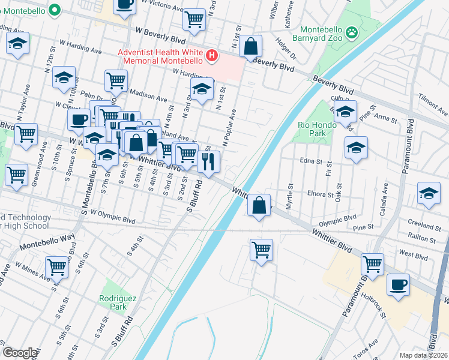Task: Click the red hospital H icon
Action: coord(211,56)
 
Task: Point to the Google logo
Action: coord(20,353)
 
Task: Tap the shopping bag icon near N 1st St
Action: coord(252,45)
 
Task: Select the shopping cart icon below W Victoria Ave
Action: coord(194,20)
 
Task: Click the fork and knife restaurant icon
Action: coord(208,161)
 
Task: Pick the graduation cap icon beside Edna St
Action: coord(356,148)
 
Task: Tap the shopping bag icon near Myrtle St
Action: coord(258,205)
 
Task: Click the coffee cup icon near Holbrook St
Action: coord(398,284)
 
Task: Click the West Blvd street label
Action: coord(413,255)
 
